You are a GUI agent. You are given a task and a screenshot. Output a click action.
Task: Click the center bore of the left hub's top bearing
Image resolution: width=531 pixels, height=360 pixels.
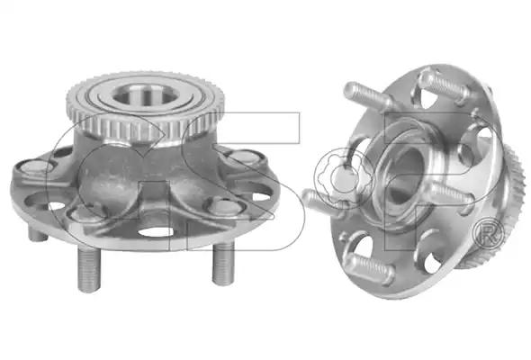coord(145,94)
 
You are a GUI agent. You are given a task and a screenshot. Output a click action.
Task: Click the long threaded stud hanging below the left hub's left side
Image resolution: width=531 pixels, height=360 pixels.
coord(89,269)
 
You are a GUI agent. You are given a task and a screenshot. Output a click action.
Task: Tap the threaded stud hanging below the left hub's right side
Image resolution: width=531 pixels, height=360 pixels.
coord(223,265)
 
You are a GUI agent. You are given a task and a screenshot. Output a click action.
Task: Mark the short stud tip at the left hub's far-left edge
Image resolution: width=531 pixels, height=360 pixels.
coord(37,234)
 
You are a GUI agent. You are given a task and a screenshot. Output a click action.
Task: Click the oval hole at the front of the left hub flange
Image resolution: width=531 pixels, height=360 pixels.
coord(157,232)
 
